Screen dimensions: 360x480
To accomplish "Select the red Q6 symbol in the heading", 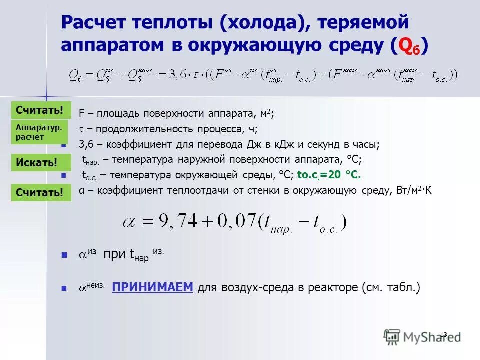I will (x=412, y=45).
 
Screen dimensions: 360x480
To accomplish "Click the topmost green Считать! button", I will (x=39, y=110).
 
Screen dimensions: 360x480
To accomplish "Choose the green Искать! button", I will (x=36, y=162).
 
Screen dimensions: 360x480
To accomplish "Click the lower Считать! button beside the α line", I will (x=39, y=192).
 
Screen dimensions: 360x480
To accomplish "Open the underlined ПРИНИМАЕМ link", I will (x=152, y=287).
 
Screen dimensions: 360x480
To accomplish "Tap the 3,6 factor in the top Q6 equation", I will (x=172, y=76).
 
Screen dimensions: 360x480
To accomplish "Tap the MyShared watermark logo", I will (x=422, y=336).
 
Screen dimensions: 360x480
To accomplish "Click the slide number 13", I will (x=443, y=334).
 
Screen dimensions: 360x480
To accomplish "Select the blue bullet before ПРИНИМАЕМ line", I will (x=64, y=288).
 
